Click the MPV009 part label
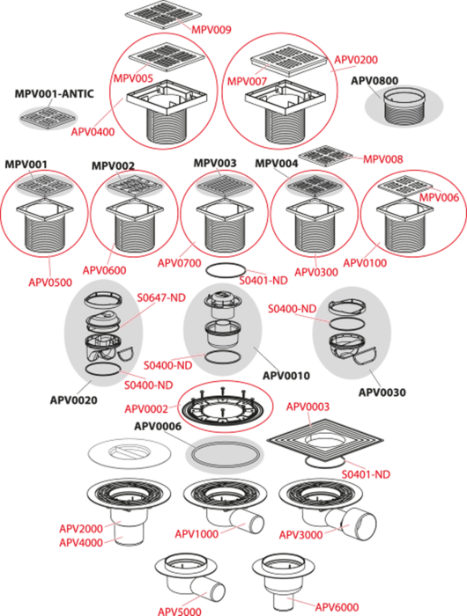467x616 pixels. coord(211,29)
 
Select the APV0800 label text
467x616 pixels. coord(374,81)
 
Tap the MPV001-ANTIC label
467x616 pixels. coord(55,94)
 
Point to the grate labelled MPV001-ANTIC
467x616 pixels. coord(48,118)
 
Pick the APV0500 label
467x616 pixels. coord(50,282)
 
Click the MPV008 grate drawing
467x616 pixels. coord(326,156)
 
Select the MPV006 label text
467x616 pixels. coord(439,197)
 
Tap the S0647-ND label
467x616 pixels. coord(161,297)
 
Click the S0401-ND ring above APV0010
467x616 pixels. coord(226,271)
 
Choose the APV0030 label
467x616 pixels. coord(382,392)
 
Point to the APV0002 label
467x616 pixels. coord(146,409)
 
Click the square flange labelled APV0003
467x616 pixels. coord(325,440)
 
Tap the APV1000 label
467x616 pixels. coord(196,534)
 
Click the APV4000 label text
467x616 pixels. coord(81,543)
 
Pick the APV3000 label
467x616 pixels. coord(301,535)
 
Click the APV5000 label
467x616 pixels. coord(180,612)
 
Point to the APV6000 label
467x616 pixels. coord(337,607)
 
